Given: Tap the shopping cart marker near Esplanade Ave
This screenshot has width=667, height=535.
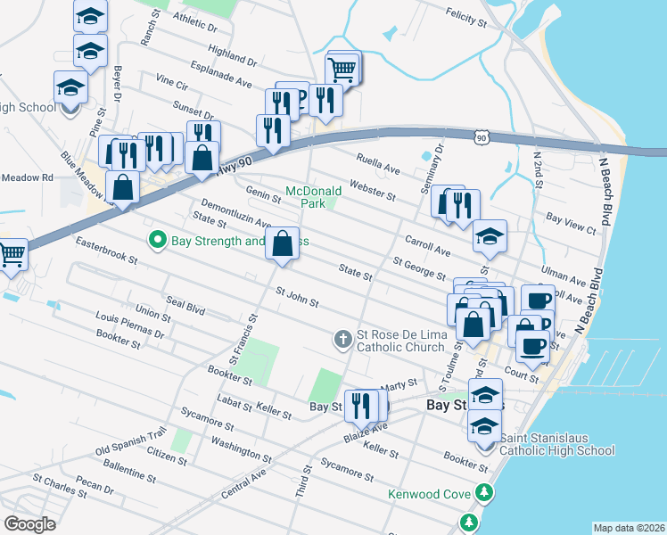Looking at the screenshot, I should click(x=342, y=69).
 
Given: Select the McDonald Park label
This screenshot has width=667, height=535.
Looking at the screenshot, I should click(x=313, y=197).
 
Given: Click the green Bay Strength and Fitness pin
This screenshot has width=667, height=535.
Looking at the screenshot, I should click(x=158, y=240).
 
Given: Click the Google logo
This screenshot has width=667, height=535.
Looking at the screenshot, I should click(x=30, y=523).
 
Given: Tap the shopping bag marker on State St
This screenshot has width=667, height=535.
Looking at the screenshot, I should click(x=283, y=243).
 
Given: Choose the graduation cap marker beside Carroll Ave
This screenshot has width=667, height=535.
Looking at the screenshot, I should click(x=490, y=236).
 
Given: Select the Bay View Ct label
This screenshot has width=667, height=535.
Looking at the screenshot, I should click(x=571, y=223).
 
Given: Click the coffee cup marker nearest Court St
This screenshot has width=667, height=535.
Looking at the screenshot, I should click(x=533, y=346).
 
